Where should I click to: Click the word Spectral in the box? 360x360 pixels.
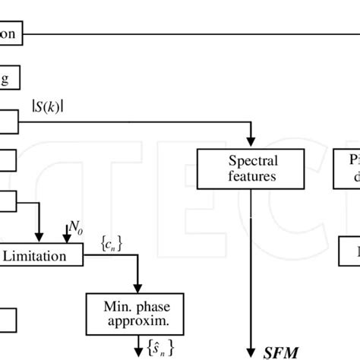(254, 161)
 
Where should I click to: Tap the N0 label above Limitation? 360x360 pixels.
(76, 226)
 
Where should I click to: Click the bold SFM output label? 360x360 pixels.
(280, 352)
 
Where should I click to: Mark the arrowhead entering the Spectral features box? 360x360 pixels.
(251, 144)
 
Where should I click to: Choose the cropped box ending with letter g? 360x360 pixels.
(10, 77)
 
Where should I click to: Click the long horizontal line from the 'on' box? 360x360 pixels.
(190, 33)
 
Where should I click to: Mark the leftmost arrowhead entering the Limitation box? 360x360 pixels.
(39, 241)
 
